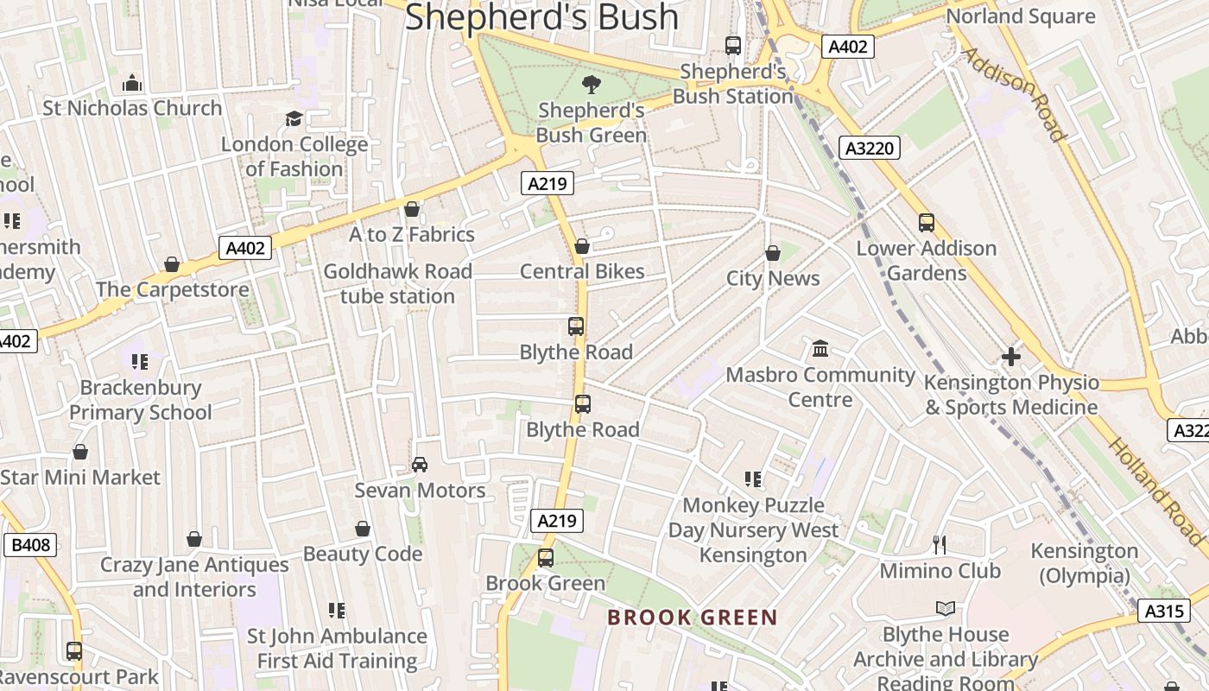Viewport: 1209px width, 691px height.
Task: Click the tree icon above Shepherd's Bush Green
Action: pyautogui.click(x=592, y=84)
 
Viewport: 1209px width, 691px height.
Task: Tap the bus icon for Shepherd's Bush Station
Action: pyautogui.click(x=733, y=46)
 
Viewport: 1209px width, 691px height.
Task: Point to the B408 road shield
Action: pyautogui.click(x=31, y=545)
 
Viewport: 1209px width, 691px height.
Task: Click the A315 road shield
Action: pyautogui.click(x=1162, y=611)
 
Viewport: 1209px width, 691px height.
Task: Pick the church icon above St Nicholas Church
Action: pyautogui.click(x=132, y=83)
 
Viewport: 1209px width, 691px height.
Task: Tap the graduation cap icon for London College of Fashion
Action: pyautogui.click(x=294, y=118)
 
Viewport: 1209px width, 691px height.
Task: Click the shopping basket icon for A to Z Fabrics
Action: pyautogui.click(x=412, y=209)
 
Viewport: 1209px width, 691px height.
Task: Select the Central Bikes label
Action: pyautogui.click(x=582, y=271)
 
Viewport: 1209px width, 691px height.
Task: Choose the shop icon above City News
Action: pyautogui.click(x=773, y=253)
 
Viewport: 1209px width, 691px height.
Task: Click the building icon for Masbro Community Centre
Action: pyautogui.click(x=820, y=349)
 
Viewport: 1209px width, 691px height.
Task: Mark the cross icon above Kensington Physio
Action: pyautogui.click(x=1011, y=356)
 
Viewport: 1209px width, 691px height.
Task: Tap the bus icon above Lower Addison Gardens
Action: pyautogui.click(x=927, y=223)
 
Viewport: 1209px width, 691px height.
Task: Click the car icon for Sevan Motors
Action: pyautogui.click(x=420, y=465)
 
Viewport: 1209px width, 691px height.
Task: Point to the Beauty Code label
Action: pyautogui.click(x=363, y=554)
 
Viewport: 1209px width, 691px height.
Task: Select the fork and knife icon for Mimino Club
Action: pyautogui.click(x=940, y=545)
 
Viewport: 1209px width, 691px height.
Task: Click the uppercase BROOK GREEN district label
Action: pyautogui.click(x=693, y=618)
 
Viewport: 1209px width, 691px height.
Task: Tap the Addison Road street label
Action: pyautogui.click(x=1012, y=94)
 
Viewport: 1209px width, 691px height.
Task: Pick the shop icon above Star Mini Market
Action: pyautogui.click(x=80, y=452)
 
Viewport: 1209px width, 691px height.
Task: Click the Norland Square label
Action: pyautogui.click(x=1021, y=16)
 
